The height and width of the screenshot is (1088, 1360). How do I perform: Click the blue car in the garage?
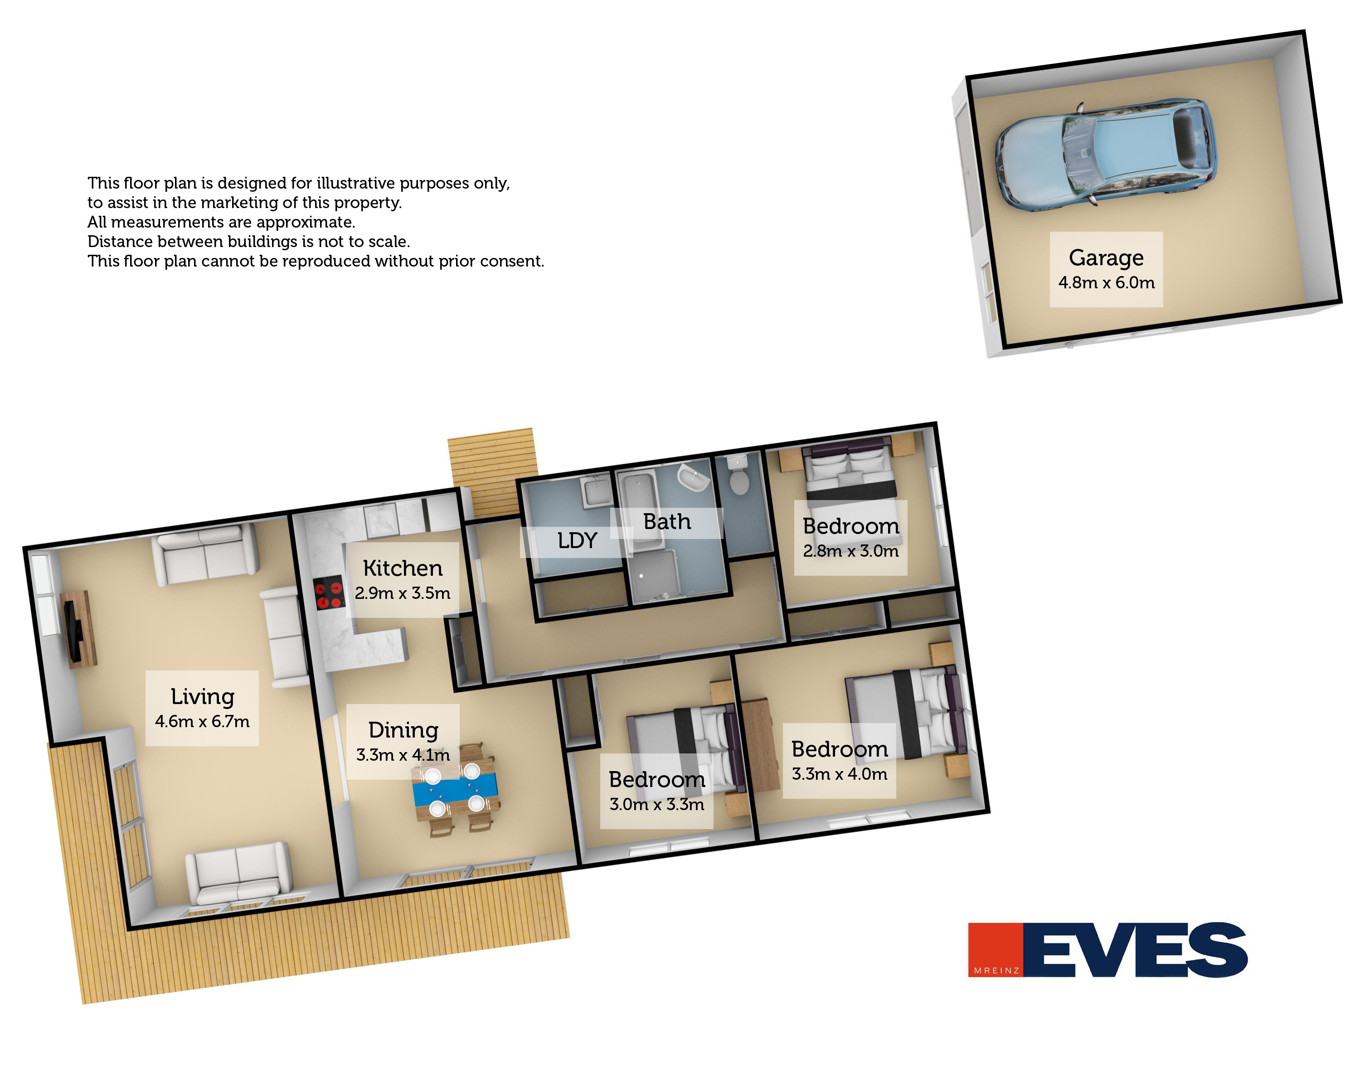pyautogui.click(x=1104, y=154)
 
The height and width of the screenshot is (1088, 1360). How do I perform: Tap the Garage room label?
pyautogui.click(x=1106, y=257)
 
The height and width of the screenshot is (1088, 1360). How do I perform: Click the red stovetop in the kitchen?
pyautogui.click(x=329, y=592)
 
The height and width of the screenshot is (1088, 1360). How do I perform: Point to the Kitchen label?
pyautogui.click(x=403, y=568)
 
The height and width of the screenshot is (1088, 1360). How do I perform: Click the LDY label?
pyautogui.click(x=577, y=540)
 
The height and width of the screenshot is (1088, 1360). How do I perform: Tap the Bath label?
pyautogui.click(x=667, y=522)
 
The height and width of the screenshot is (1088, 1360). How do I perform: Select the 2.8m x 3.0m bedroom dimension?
pyautogui.click(x=850, y=551)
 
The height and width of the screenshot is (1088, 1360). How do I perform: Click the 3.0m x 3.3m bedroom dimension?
pyautogui.click(x=657, y=805)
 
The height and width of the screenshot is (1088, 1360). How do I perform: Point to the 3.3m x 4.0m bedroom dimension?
pyautogui.click(x=840, y=774)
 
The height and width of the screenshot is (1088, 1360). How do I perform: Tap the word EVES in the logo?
pyautogui.click(x=1136, y=950)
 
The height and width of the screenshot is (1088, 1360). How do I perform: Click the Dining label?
pyautogui.click(x=403, y=730)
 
